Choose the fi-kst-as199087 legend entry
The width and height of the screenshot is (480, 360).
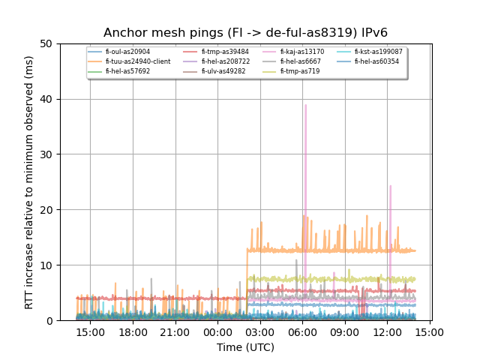[x=379, y=52]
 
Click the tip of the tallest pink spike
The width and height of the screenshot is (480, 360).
[x=305, y=105]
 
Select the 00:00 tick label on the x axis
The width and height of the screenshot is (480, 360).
[x=218, y=331]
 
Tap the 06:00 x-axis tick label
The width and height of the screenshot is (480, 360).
[x=303, y=331]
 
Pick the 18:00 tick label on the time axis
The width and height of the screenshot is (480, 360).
[x=133, y=331]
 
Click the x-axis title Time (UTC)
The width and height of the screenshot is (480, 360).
[x=245, y=347]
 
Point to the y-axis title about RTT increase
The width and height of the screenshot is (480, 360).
[x=29, y=182]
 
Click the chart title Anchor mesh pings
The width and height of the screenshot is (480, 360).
[x=245, y=33]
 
